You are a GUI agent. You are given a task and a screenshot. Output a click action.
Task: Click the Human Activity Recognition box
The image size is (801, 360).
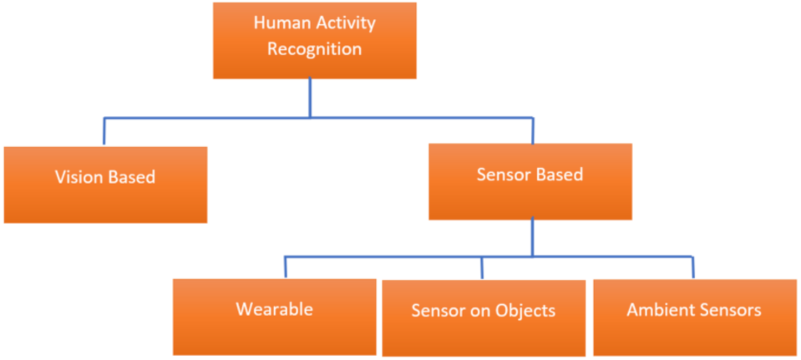tap(314, 40)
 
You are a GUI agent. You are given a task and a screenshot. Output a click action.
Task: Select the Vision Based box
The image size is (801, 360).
tap(105, 185)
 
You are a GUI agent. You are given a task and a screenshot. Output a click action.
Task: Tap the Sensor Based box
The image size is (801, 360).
tap(530, 181)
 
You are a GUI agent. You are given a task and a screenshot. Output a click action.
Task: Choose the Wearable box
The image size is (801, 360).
tap(274, 316)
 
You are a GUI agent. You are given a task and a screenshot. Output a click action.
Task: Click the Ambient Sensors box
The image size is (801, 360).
tap(694, 317)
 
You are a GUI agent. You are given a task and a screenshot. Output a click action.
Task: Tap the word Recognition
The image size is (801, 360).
tap(314, 49)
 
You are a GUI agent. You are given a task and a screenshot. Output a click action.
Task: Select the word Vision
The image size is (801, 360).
tap(80, 177)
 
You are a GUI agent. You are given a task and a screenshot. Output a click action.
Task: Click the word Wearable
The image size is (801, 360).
tap(274, 309)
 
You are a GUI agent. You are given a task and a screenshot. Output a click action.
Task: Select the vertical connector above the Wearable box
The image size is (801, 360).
tap(285, 266)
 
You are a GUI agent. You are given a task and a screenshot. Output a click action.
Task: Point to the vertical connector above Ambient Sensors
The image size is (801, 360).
tap(692, 266)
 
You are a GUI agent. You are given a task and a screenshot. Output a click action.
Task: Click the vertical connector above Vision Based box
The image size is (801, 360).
tap(104, 131)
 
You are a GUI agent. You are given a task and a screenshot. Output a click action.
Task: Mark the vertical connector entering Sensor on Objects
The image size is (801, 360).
tap(482, 266)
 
